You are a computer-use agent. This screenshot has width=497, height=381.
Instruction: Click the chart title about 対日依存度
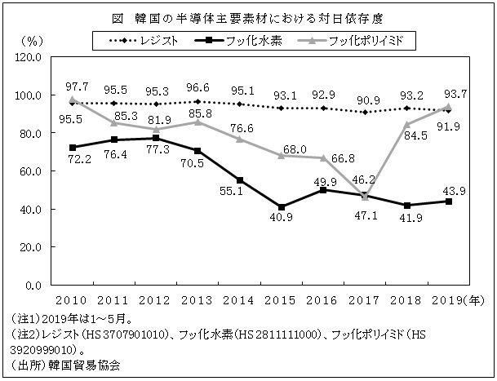[248, 16]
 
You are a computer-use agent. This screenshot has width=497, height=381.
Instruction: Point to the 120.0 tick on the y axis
[29, 57]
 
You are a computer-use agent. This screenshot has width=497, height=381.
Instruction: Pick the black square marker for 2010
[74, 148]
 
